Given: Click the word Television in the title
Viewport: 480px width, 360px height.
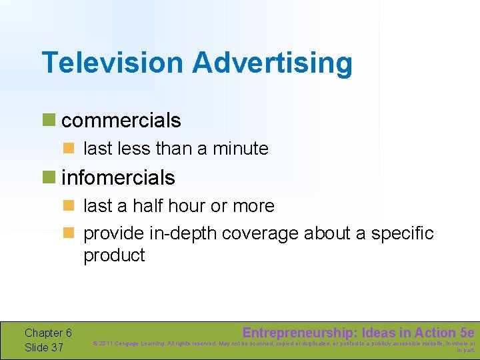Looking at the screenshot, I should click(x=113, y=63).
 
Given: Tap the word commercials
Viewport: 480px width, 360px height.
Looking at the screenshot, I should click(x=121, y=121).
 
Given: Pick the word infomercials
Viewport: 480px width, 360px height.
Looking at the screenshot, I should click(x=118, y=178).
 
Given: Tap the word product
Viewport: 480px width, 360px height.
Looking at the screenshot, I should click(x=114, y=255).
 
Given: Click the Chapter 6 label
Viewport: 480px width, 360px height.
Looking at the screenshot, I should click(x=48, y=333).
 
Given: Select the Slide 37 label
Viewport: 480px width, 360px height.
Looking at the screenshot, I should click(x=44, y=347).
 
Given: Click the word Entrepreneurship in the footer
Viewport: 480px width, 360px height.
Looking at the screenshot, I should click(x=297, y=333).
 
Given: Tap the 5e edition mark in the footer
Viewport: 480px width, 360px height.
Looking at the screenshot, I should click(x=467, y=333).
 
